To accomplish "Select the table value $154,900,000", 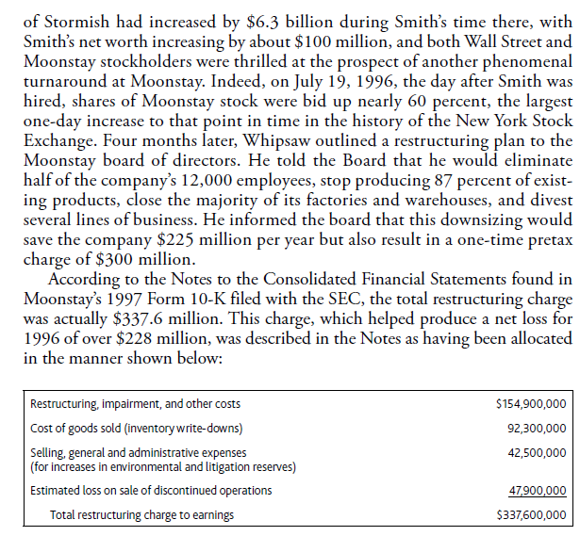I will [x=530, y=404].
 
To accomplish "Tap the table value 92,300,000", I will [x=534, y=429].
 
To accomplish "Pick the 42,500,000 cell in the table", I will [x=534, y=453].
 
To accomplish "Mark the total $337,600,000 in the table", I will [x=530, y=514].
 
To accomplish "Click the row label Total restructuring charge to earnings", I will [x=141, y=514].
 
